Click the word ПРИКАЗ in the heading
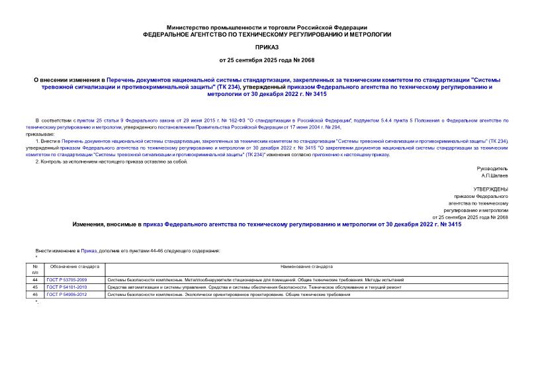pyautogui.click(x=267, y=48)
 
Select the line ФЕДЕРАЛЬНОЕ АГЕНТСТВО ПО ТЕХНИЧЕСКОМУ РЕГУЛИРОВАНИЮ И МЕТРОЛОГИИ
pyautogui.click(x=267, y=33)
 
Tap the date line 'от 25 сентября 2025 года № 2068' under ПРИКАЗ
pyautogui.click(x=267, y=62)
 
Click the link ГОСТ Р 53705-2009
pyautogui.click(x=67, y=280)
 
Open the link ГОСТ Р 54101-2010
pyautogui.click(x=67, y=287)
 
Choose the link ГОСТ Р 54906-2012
pyautogui.click(x=67, y=295)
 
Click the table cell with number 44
pyautogui.click(x=35, y=280)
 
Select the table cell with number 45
pyautogui.click(x=35, y=287)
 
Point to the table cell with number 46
pyautogui.click(x=35, y=295)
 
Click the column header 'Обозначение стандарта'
pyautogui.click(x=74, y=266)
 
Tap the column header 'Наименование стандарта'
pyautogui.click(x=306, y=266)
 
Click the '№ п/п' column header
pyautogui.click(x=35, y=269)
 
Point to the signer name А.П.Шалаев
pyautogui.click(x=494, y=175)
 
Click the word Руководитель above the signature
pyautogui.click(x=492, y=168)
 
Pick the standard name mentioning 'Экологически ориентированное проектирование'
pyautogui.click(x=228, y=295)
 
